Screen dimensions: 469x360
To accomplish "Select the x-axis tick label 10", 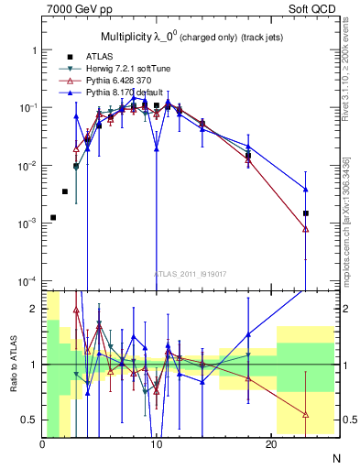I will coord(156,444).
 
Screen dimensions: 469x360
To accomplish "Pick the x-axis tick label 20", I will coord(270,444).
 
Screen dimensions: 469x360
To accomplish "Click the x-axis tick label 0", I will coord(42,444).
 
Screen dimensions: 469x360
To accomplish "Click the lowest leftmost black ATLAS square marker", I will coord(54,217).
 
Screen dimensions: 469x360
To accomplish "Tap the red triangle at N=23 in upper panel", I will coord(305,229).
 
